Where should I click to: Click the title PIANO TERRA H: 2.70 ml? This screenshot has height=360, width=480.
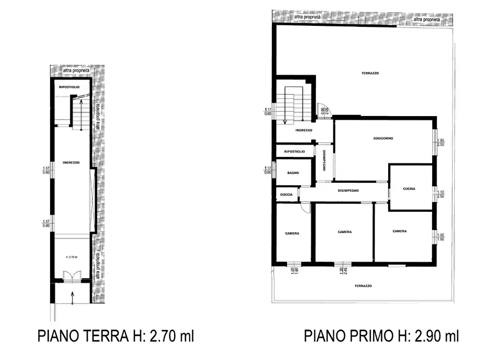pos(115,336)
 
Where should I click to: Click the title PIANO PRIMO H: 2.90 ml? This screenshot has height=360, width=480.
pos(381,336)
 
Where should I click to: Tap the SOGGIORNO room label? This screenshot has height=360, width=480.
pos(383,139)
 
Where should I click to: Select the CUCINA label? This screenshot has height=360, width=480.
pos(410,189)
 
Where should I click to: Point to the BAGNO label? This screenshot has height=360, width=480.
pos(293,172)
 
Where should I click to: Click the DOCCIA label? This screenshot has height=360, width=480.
pos(286,194)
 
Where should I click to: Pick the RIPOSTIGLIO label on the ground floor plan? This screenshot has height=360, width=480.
pos(69,87)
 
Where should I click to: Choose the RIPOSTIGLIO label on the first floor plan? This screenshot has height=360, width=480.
pos(294,152)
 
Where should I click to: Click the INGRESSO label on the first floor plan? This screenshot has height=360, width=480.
pos(304,131)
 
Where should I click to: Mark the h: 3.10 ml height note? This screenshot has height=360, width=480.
pos(72,257)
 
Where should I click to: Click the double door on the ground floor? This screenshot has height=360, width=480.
pos(71,276)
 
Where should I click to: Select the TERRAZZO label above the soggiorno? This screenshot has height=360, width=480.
pos(370,73)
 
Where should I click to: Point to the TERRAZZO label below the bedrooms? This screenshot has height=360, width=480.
pos(363,286)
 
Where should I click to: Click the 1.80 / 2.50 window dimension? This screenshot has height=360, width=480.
pos(441,142)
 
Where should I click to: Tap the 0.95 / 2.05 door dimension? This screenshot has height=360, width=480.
pos(323,111)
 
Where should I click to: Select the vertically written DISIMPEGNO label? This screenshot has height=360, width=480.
pos(324,160)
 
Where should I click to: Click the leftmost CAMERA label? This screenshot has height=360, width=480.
pos(292,233)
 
